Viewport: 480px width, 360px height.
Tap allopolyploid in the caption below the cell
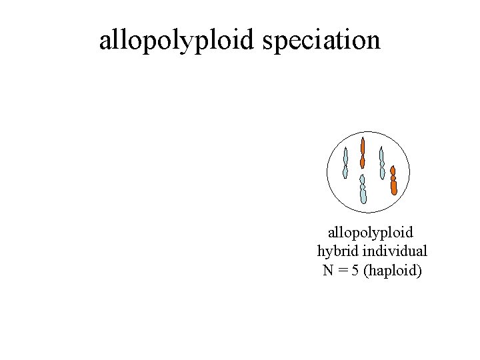coord(371,233)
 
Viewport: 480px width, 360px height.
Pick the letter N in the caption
coord(328,271)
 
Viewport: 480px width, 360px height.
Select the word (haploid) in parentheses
coord(394,271)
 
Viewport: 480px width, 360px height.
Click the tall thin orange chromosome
coord(363,153)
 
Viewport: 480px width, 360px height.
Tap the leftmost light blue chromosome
coord(345,163)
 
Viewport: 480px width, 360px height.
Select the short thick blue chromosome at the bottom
coord(363,189)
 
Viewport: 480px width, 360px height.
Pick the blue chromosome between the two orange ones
coord(382,163)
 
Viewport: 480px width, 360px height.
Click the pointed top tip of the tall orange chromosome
coord(363,139)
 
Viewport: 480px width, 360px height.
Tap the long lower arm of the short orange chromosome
coord(394,186)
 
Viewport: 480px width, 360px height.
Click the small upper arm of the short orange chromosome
coord(393,171)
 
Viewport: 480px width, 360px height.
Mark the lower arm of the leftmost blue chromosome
coord(345,172)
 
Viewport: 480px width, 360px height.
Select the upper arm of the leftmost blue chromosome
coord(345,156)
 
